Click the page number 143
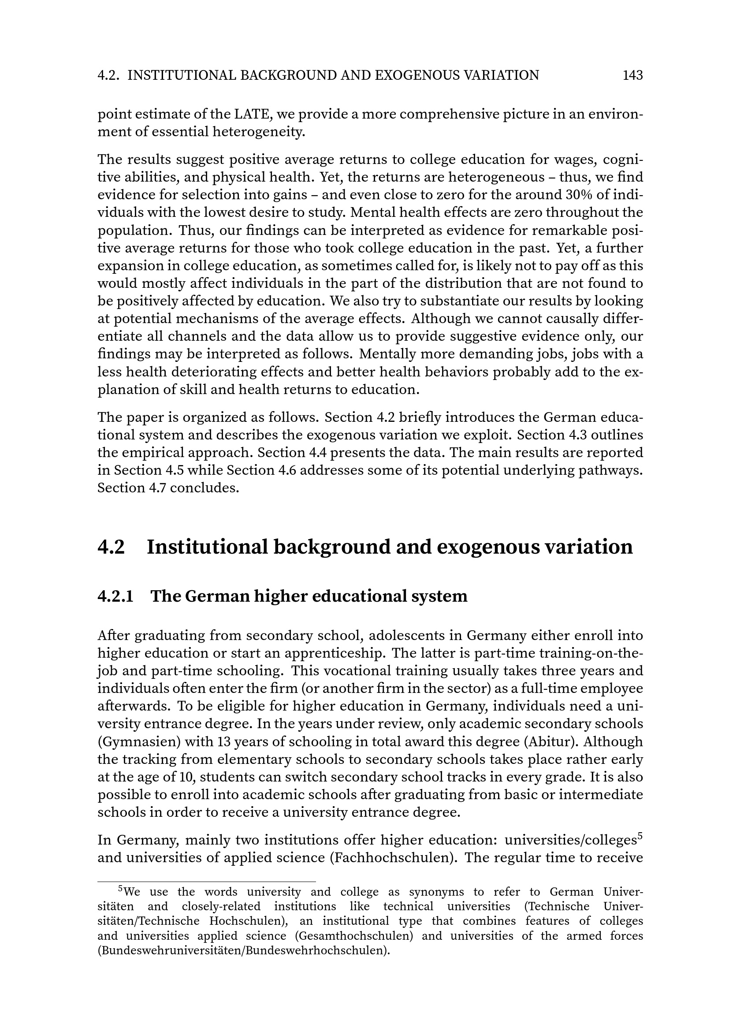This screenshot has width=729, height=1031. tap(632, 75)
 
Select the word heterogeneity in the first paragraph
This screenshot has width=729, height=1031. tap(257, 133)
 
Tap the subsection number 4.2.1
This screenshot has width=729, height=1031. tap(115, 596)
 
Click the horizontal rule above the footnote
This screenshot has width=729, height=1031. tap(206, 882)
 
